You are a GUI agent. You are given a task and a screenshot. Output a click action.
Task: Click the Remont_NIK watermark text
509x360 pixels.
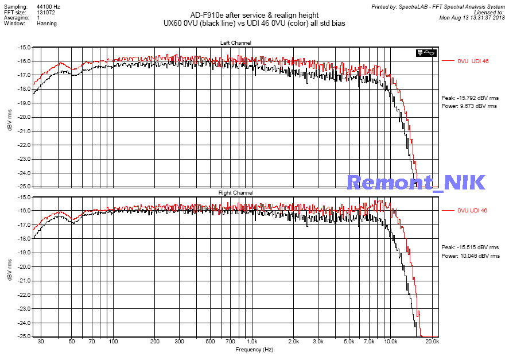point(417,182)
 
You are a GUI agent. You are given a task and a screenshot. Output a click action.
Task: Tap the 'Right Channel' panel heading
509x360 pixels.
point(235,193)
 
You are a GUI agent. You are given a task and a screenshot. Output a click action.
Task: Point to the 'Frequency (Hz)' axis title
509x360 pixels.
point(255,349)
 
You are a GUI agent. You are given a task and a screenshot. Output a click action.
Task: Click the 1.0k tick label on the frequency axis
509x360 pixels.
point(253,342)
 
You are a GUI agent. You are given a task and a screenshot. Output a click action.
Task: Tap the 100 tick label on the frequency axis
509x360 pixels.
point(114,342)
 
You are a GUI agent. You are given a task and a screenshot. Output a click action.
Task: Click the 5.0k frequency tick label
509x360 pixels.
point(349,342)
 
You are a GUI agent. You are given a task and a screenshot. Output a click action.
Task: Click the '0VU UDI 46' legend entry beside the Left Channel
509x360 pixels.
point(472,61)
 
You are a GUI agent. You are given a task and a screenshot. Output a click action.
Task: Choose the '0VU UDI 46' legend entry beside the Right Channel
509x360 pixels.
point(472,211)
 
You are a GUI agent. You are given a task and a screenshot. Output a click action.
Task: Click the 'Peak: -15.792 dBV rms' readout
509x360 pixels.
point(470,98)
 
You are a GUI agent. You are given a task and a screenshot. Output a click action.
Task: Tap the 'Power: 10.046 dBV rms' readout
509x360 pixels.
point(470,256)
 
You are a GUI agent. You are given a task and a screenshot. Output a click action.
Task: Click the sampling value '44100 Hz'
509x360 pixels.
point(48,5)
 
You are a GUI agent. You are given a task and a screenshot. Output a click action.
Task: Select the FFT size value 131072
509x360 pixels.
point(46,11)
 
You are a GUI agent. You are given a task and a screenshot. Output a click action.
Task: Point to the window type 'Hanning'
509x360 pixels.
point(46,24)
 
